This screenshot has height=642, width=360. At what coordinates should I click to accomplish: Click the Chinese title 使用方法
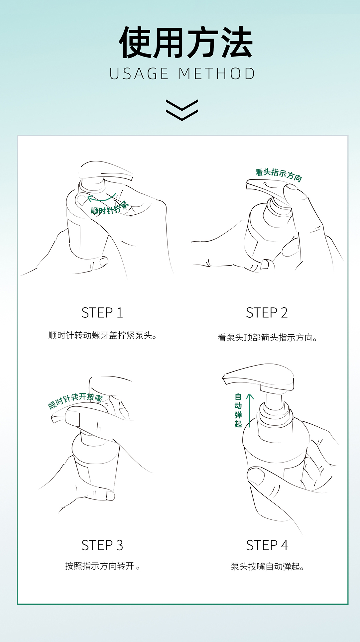pos(186,43)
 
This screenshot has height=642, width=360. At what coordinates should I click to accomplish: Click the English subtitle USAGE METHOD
pos(182,74)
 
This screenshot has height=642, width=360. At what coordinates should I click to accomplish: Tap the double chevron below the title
pos(182,110)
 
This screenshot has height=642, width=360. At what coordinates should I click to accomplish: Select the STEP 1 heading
pos(102,313)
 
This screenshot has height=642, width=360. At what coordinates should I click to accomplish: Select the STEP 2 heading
pos(267,313)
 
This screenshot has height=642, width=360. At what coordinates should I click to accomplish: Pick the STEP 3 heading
pos(102,545)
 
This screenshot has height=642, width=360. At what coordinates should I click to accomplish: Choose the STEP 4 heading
pos(267,545)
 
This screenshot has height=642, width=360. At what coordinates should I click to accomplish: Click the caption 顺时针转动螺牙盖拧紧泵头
pos(102,336)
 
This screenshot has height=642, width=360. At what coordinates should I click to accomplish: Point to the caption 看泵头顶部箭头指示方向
pos(267,338)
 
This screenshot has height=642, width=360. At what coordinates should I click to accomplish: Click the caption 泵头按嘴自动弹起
pos(268,567)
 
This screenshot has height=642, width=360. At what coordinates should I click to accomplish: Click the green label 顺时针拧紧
pos(110,208)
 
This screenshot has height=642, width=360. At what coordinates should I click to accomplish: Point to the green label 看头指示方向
pos(279,175)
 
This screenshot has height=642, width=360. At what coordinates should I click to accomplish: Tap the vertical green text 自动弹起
pos(238,410)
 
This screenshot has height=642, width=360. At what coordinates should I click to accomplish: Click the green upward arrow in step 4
pos(250,410)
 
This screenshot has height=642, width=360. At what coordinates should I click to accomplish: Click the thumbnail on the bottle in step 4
pos(256,476)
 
